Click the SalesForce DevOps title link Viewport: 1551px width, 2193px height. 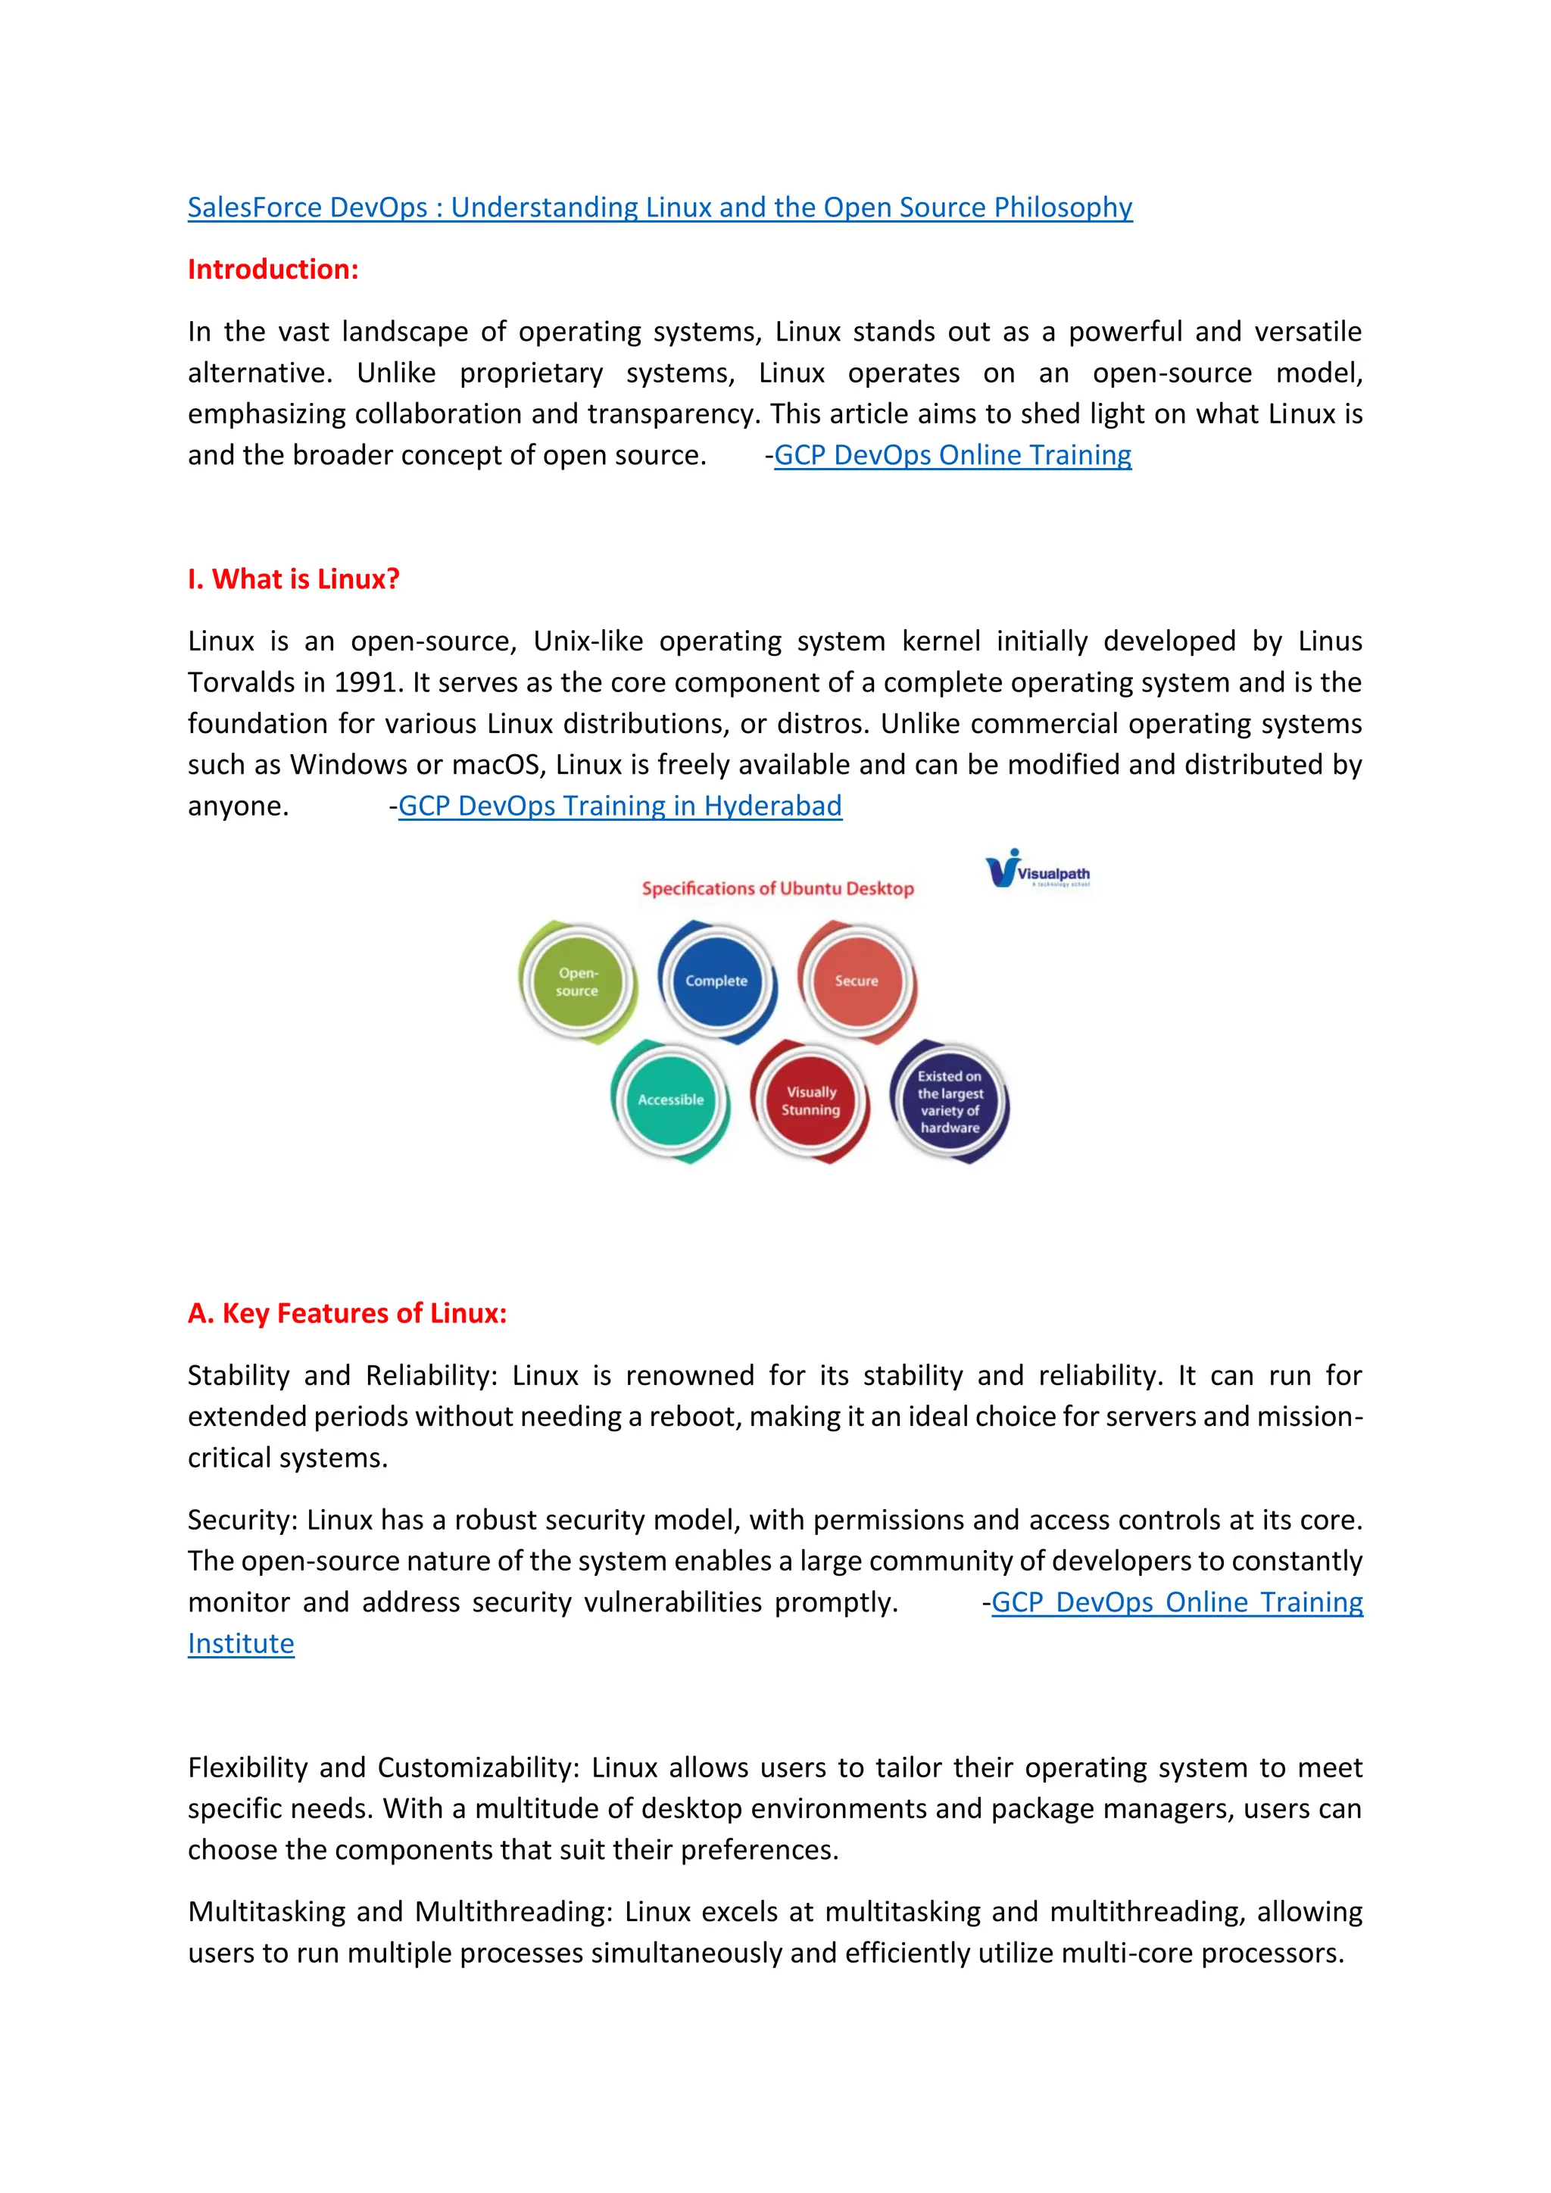(x=659, y=207)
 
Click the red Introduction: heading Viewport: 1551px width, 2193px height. (x=273, y=270)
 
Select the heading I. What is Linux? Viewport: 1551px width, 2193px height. (x=293, y=579)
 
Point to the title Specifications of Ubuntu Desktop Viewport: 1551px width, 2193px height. (x=778, y=888)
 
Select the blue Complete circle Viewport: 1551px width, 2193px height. (x=716, y=981)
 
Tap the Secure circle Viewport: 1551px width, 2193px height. (x=856, y=981)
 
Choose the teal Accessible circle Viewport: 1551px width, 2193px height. (x=670, y=1100)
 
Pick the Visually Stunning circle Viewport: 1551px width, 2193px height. (x=811, y=1100)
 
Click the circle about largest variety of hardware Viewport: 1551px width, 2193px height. (x=950, y=1101)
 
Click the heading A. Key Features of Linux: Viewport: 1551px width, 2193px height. (x=347, y=1313)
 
